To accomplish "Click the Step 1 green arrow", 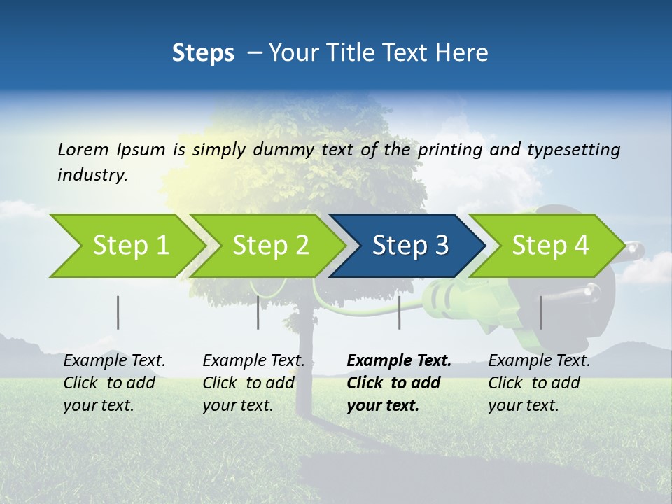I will pos(126,246).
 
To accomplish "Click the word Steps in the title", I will pos(203,53).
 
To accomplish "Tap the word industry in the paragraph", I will pos(92,175).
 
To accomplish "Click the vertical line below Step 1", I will pos(118,312).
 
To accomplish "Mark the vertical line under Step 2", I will pos(258,312).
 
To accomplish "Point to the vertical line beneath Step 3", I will pos(399,312).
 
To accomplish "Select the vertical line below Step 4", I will pos(540,312).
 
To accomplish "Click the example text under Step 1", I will pos(113,383).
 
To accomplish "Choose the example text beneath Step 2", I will pos(253,383).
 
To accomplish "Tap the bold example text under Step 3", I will pos(398,383).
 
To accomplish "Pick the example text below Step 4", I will pos(538,383).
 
